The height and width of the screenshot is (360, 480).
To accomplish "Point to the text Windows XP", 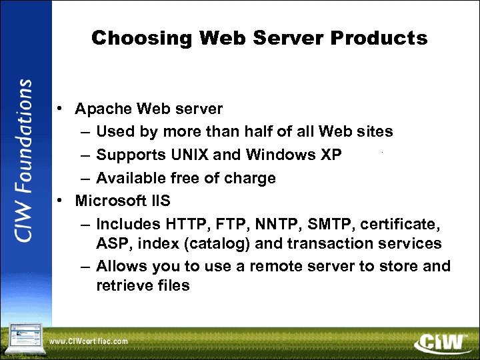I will tap(294, 155).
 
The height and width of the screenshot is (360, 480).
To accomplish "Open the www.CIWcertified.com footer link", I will tap(89, 342).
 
